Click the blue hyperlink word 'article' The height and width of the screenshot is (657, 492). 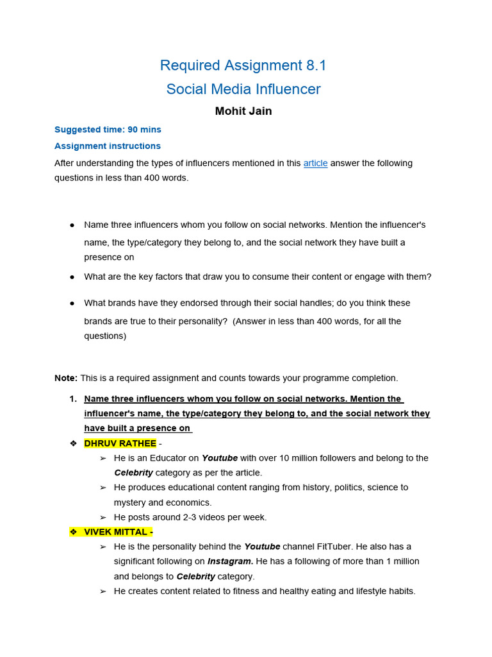pyautogui.click(x=315, y=163)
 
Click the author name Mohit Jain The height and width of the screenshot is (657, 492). pyautogui.click(x=243, y=111)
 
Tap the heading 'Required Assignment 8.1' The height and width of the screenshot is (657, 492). pyautogui.click(x=243, y=65)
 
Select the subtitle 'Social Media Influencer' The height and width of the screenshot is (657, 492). pyautogui.click(x=243, y=89)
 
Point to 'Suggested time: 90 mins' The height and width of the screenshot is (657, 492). pyautogui.click(x=108, y=130)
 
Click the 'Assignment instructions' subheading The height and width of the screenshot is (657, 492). pyautogui.click(x=108, y=146)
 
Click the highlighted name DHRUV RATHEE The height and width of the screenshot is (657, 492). pyautogui.click(x=120, y=443)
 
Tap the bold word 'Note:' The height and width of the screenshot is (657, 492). pyautogui.click(x=66, y=378)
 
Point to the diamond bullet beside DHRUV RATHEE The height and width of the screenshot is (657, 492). pyautogui.click(x=73, y=443)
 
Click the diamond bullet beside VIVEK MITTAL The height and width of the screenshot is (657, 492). pyautogui.click(x=73, y=532)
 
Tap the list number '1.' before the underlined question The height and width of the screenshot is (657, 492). pyautogui.click(x=73, y=398)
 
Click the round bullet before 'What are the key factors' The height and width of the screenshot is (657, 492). pyautogui.click(x=72, y=277)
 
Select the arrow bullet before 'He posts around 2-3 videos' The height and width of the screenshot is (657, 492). pyautogui.click(x=103, y=517)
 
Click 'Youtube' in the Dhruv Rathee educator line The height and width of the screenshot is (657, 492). pyautogui.click(x=220, y=458)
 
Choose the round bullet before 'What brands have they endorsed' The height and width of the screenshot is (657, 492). pyautogui.click(x=72, y=303)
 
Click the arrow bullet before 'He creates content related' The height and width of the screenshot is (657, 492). pyautogui.click(x=103, y=591)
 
